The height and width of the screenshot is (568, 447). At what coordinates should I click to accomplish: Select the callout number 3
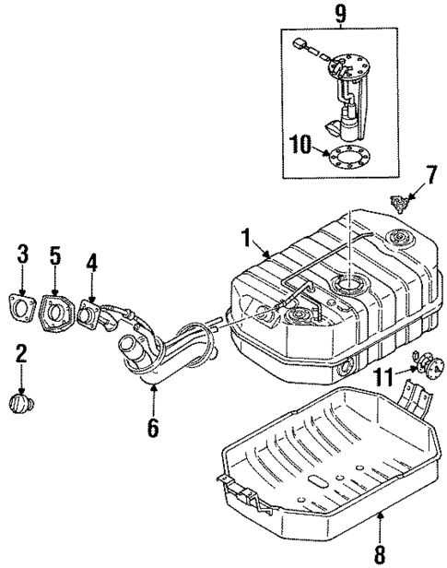(x=23, y=252)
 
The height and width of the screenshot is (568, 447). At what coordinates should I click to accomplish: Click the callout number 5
(x=54, y=252)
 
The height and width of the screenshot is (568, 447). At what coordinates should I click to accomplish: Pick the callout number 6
(x=153, y=428)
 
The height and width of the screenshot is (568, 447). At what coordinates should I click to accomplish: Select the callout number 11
(x=384, y=398)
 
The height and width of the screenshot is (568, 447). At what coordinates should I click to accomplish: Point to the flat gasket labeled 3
(x=24, y=306)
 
